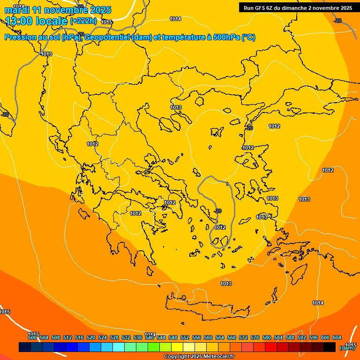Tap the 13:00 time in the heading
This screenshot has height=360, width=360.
click(21, 21)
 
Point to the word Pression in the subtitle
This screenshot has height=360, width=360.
click(21, 37)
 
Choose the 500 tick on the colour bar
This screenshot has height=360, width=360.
click(32, 337)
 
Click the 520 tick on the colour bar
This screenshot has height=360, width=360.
click(91, 337)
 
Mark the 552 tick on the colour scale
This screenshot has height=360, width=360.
click(185, 337)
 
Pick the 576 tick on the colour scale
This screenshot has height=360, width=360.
click(255, 337)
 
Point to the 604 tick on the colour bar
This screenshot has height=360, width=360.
click(337, 337)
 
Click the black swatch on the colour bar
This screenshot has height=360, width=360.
click(330, 347)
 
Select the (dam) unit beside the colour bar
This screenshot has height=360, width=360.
click(347, 348)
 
